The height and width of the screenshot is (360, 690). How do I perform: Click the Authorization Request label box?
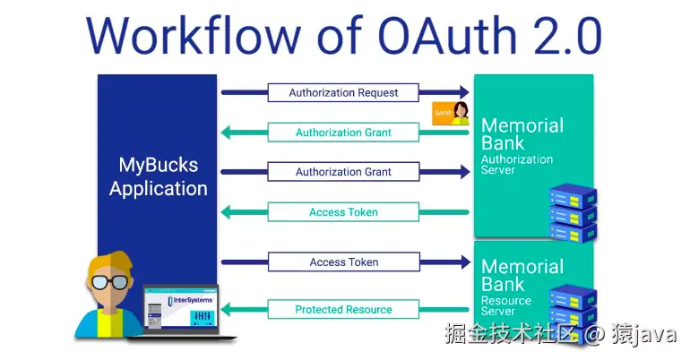click(x=343, y=92)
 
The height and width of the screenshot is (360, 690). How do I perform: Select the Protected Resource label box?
click(x=343, y=310)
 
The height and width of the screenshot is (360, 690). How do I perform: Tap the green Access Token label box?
click(x=343, y=212)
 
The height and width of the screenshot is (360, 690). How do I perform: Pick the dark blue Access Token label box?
click(x=343, y=262)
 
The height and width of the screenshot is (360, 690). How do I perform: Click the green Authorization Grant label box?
click(x=343, y=133)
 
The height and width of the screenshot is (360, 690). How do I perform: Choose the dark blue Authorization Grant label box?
click(x=343, y=172)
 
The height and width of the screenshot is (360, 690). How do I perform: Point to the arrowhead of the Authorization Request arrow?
click(x=463, y=92)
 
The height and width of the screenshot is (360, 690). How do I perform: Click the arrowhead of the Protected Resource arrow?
click(x=226, y=310)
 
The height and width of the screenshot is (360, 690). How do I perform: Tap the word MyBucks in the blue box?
click(x=158, y=165)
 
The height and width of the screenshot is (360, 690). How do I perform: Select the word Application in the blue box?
click(x=158, y=189)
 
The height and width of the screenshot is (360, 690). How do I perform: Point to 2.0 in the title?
click(x=562, y=36)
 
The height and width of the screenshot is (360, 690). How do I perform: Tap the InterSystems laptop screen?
click(x=181, y=309)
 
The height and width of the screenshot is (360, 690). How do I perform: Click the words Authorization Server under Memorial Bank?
click(x=517, y=165)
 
